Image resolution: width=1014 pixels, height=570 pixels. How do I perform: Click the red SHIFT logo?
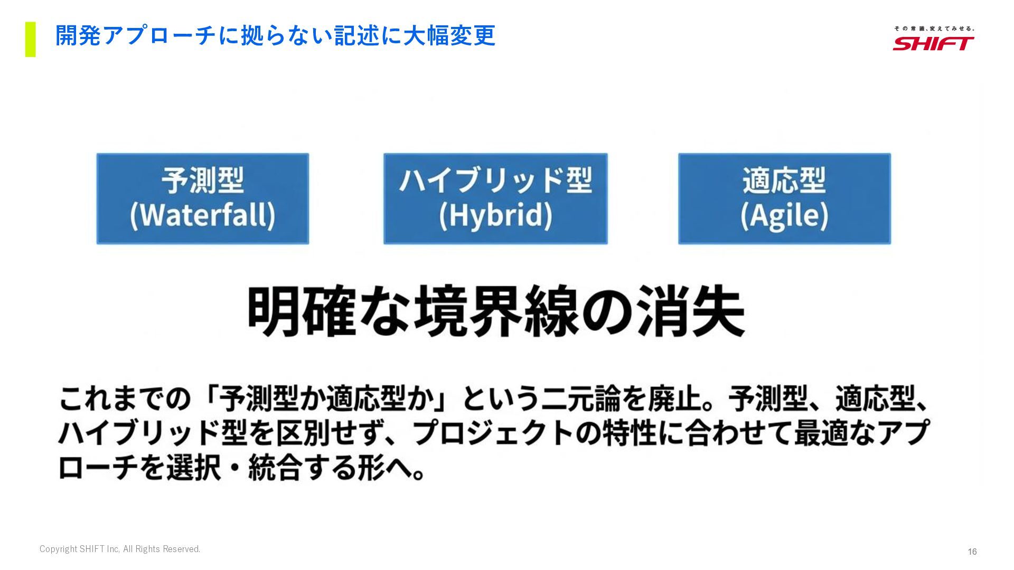tap(933, 43)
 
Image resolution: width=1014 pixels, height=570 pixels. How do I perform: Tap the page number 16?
tap(972, 552)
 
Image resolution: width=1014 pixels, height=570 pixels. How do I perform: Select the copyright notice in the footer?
tap(120, 549)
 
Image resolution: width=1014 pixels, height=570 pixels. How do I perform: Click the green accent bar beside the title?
tap(30, 39)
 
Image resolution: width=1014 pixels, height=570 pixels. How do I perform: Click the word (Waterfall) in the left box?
tap(202, 215)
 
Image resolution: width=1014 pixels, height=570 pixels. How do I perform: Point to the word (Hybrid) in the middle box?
tap(495, 215)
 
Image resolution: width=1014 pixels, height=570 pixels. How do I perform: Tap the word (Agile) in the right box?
tap(784, 215)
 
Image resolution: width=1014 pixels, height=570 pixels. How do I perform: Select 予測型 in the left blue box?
tap(202, 180)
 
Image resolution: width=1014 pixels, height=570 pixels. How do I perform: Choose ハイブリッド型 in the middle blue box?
tap(495, 180)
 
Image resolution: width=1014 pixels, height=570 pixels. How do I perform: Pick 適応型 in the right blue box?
tap(784, 180)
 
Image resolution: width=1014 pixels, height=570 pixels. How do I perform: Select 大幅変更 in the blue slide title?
tap(449, 36)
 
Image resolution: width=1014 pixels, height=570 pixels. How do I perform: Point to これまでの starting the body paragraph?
tap(125, 399)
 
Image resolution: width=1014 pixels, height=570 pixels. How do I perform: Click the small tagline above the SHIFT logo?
tap(934, 28)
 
